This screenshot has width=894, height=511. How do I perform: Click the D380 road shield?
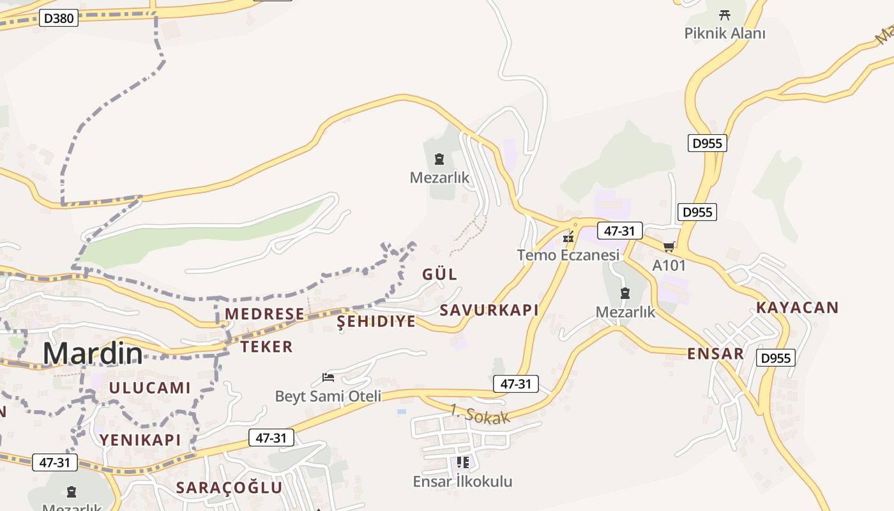click(x=59, y=18)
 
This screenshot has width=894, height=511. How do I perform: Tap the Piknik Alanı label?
click(x=725, y=33)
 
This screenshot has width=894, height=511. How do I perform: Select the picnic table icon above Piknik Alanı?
click(x=724, y=14)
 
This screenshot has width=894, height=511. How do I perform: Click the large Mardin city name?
click(x=93, y=353)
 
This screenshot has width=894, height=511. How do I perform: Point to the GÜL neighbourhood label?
click(x=440, y=275)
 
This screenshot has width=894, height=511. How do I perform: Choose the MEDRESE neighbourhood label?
click(x=264, y=314)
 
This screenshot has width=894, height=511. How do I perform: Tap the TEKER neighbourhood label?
click(x=266, y=347)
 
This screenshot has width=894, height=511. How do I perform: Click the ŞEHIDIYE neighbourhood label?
click(x=376, y=321)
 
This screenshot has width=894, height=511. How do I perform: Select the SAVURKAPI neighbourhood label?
click(x=489, y=310)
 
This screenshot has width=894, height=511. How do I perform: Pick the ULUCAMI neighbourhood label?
click(x=149, y=388)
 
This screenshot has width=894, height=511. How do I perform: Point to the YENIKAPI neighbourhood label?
click(x=140, y=439)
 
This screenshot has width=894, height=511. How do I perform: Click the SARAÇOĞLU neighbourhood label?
click(x=229, y=488)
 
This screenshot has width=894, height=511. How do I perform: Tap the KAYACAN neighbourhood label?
click(x=798, y=307)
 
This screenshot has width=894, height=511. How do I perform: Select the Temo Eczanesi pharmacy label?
click(x=568, y=255)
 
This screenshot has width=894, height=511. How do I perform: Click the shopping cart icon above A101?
click(x=669, y=247)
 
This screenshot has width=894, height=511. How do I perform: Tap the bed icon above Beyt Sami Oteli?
click(x=328, y=378)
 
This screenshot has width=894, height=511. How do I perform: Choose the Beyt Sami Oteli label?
click(x=328, y=396)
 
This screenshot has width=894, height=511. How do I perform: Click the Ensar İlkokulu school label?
click(x=462, y=481)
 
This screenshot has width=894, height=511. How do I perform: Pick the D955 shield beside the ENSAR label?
click(x=776, y=358)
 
